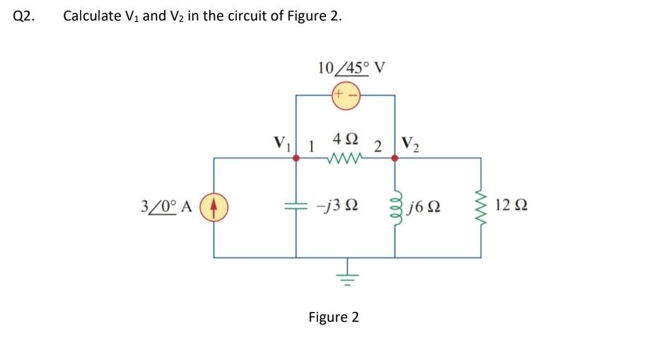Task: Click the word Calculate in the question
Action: click(90, 16)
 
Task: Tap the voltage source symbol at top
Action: click(345, 94)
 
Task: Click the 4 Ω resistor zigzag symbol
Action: click(344, 158)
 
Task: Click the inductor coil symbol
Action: click(396, 207)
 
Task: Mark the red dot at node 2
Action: click(394, 158)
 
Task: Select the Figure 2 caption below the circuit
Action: click(334, 317)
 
